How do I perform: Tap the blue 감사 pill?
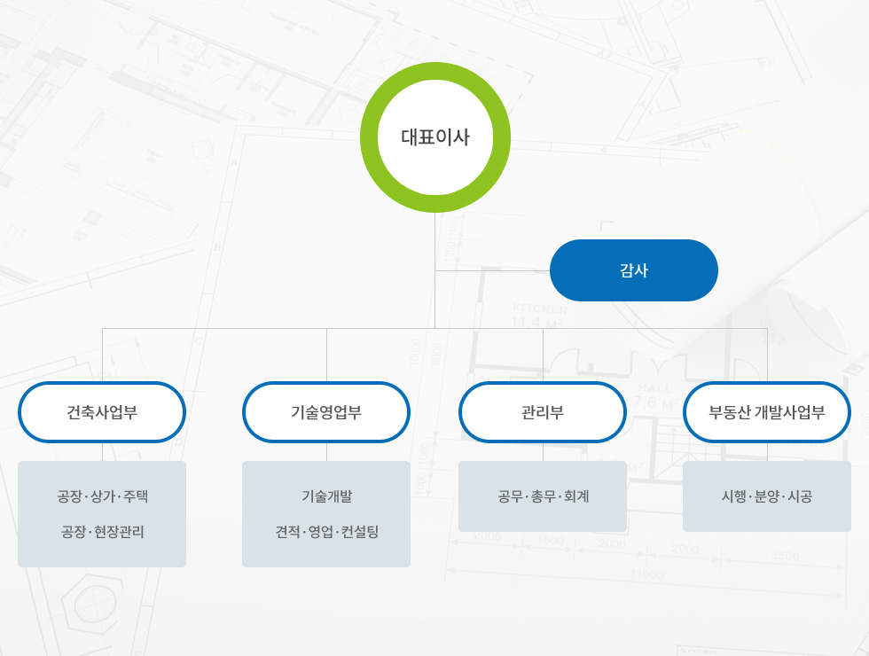[x=633, y=270]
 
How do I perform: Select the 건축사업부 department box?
[x=102, y=412]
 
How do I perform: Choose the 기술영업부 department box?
[x=326, y=412]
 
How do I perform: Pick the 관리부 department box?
[x=543, y=412]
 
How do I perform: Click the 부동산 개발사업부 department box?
[x=767, y=412]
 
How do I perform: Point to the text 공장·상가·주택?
[x=103, y=496]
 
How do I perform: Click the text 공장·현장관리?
[x=103, y=532]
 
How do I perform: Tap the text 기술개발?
[x=326, y=496]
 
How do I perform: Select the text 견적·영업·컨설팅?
[x=327, y=532]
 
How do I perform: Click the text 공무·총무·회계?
[x=543, y=496]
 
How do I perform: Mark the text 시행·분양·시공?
[x=767, y=496]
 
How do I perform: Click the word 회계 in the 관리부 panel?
[x=576, y=496]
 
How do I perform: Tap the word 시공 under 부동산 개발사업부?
[x=800, y=496]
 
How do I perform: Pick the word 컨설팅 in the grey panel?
[x=360, y=532]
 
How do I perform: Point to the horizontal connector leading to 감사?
[x=493, y=271]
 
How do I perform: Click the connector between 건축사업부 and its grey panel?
[x=103, y=452]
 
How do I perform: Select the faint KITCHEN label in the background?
[x=540, y=308]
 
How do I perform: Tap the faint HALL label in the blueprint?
[x=654, y=388]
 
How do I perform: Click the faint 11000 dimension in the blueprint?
[x=646, y=574]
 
